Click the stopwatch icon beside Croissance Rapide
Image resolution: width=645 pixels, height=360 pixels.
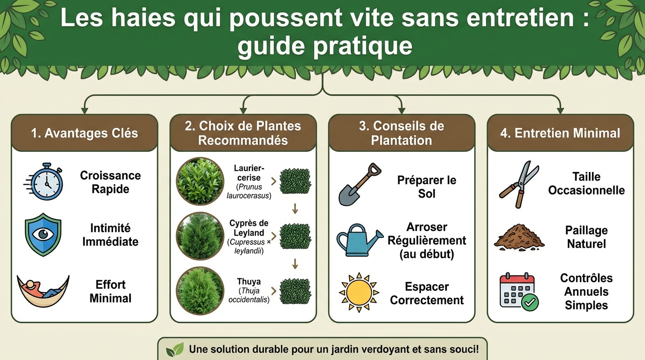coord(45,182)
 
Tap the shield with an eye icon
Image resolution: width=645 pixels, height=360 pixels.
coord(43,234)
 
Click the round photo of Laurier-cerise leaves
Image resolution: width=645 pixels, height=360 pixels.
coord(200,180)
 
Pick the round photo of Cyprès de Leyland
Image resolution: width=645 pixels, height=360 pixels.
coord(200,236)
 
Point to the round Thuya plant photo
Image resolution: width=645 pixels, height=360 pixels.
coord(200,291)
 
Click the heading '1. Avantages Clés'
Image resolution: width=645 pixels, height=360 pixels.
coord(84,133)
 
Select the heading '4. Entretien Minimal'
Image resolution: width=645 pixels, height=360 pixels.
coord(560,133)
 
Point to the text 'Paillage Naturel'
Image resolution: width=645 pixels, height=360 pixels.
coord(586,237)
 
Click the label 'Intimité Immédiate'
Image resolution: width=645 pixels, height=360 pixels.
coord(111,235)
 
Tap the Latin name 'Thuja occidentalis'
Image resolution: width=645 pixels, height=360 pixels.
coord(248,295)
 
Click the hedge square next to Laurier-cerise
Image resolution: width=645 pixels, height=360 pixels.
coord(295,181)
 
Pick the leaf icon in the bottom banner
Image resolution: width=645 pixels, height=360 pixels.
coord(175,349)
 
